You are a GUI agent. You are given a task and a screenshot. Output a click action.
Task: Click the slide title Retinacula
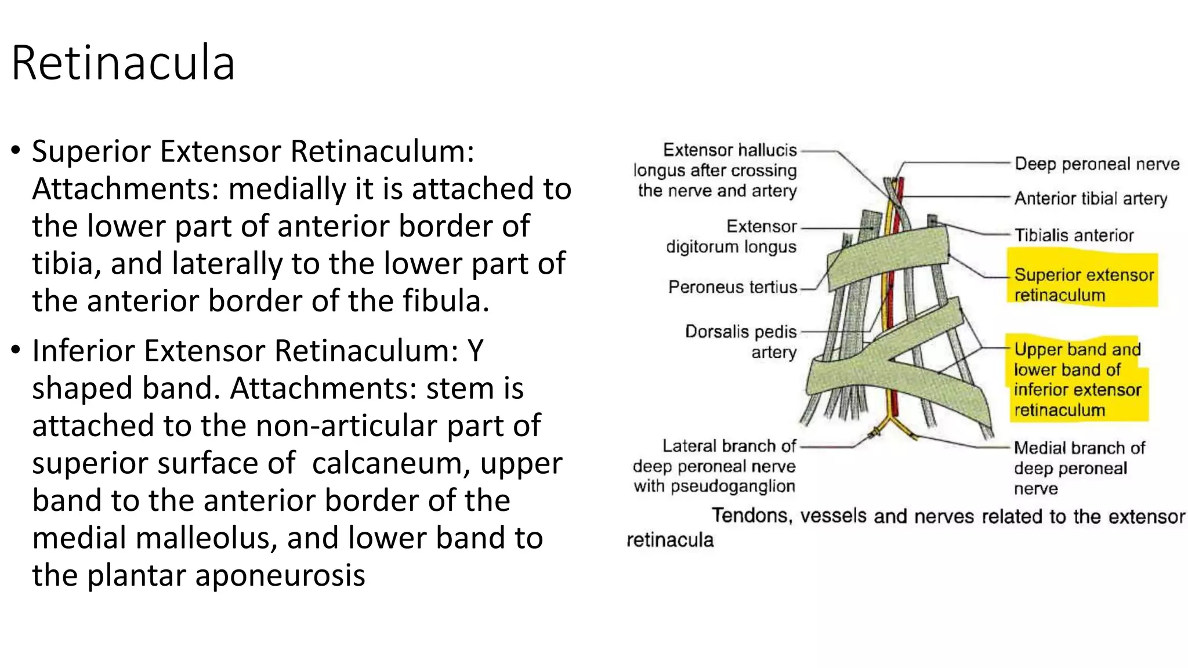123,63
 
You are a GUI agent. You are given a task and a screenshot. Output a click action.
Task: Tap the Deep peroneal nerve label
1096,164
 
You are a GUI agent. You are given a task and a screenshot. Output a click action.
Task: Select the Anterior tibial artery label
1091,199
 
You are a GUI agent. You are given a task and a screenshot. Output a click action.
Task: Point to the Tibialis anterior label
1074,235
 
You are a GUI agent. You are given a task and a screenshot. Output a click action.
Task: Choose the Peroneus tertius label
733,287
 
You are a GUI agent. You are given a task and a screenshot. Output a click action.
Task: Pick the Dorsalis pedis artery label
741,342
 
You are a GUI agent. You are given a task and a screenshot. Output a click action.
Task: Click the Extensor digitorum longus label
731,237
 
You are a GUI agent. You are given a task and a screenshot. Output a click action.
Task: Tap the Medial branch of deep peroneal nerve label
1079,468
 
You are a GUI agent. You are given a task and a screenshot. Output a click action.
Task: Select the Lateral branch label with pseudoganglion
715,466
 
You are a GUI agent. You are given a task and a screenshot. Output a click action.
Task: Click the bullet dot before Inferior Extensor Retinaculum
16,350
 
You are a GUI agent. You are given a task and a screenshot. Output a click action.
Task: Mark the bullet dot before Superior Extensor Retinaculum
16,151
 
